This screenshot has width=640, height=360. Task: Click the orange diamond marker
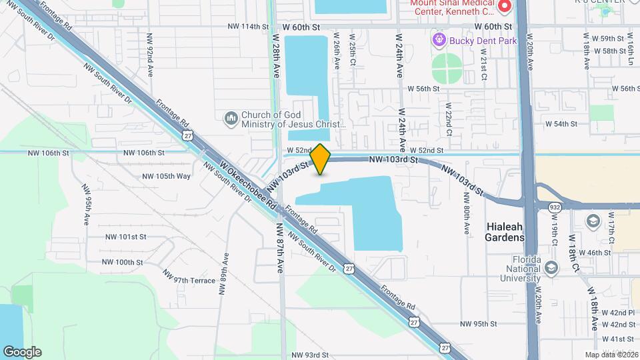(x=321, y=159)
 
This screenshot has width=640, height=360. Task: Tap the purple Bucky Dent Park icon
(x=439, y=41)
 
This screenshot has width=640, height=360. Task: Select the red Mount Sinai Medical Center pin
(x=504, y=7)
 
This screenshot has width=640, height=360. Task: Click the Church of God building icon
(x=231, y=118)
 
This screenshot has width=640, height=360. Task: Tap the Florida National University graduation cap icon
(x=551, y=268)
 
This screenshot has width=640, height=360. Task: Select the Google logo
(x=22, y=351)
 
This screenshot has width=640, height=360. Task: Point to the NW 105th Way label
(x=166, y=176)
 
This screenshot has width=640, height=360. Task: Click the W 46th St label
(x=595, y=253)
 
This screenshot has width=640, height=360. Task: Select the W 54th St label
(x=561, y=124)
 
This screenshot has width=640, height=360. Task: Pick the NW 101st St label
(x=125, y=237)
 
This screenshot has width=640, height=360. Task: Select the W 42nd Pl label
(x=621, y=313)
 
